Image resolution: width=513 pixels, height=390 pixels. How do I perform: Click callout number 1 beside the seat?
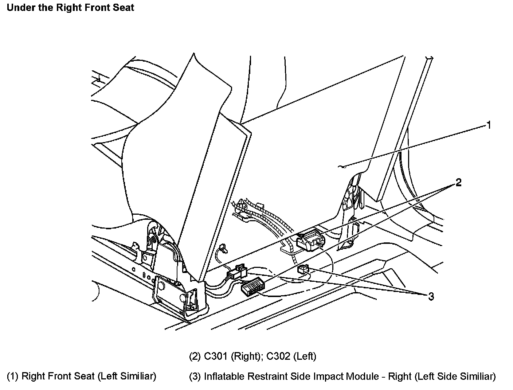point(489,125)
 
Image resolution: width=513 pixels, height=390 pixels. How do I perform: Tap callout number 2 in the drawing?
point(458,183)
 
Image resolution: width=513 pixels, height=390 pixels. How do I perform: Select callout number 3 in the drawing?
point(431,297)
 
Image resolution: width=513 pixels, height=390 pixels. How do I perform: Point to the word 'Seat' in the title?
point(124,7)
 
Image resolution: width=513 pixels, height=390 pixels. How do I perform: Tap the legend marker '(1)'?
point(13,376)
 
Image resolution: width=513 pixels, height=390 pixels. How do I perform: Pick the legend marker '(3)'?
point(195,376)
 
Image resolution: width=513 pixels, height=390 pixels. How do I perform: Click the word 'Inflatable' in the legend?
point(225,376)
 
